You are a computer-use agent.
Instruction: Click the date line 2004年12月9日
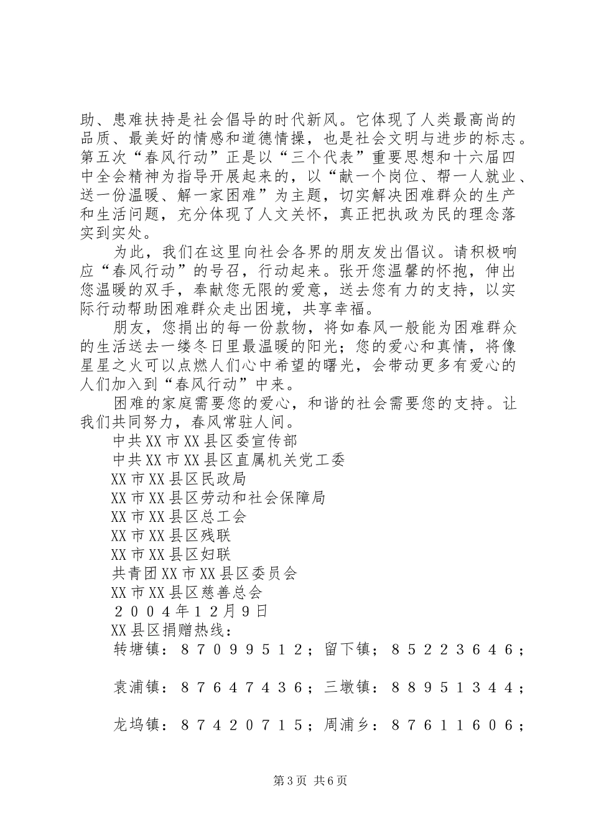[x=190, y=611]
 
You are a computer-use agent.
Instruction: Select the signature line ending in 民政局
[x=179, y=479]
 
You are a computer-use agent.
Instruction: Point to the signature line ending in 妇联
[x=170, y=554]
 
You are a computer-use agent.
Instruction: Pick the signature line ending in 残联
[x=170, y=536]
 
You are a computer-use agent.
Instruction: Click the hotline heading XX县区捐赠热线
[x=170, y=630]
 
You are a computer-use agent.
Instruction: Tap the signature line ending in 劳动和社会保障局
[x=218, y=498]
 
